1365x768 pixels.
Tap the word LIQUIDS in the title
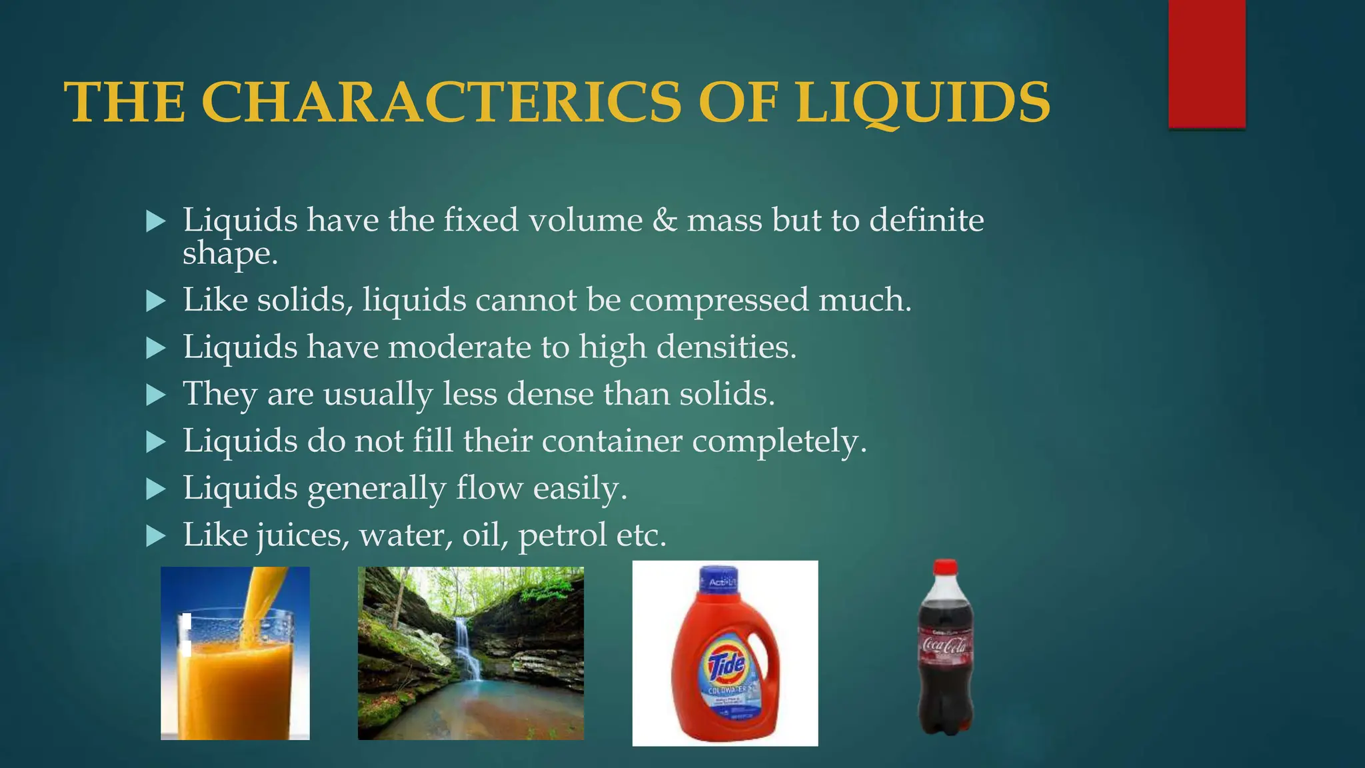click(x=922, y=103)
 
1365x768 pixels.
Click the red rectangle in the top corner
click(x=1206, y=63)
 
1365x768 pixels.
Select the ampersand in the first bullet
click(x=665, y=220)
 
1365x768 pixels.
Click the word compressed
click(x=719, y=299)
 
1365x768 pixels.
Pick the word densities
click(x=726, y=347)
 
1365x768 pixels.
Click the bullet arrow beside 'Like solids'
click(x=155, y=301)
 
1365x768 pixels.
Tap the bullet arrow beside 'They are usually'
click(x=155, y=395)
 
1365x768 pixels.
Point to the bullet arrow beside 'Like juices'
click(x=155, y=535)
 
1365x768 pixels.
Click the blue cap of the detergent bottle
click(x=719, y=580)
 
